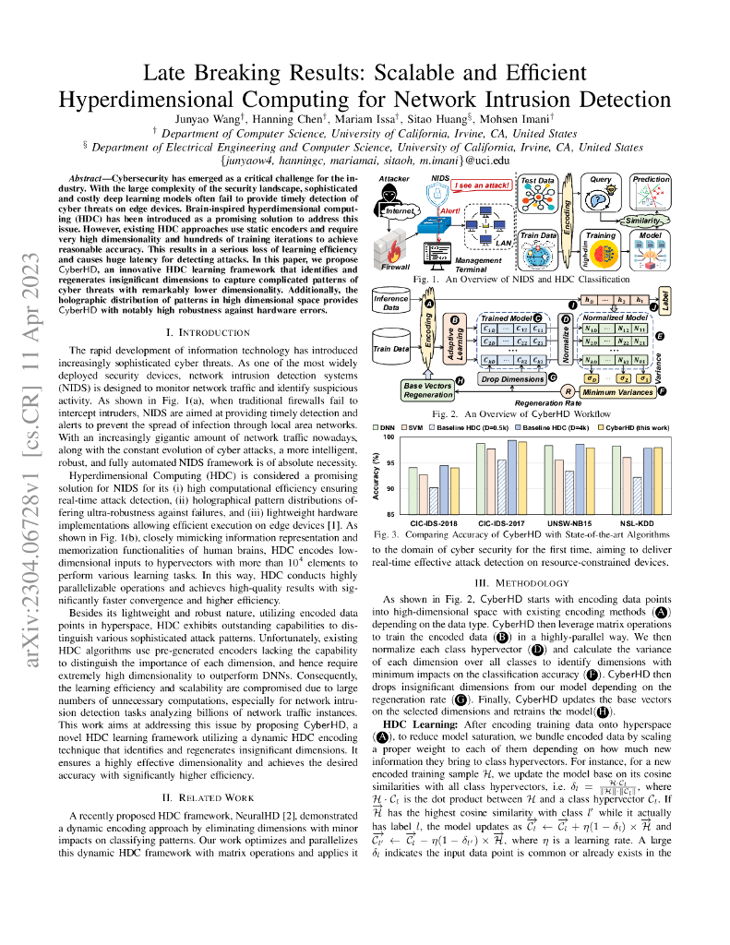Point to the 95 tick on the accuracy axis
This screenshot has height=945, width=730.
(389, 463)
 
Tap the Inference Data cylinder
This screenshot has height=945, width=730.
(391, 303)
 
